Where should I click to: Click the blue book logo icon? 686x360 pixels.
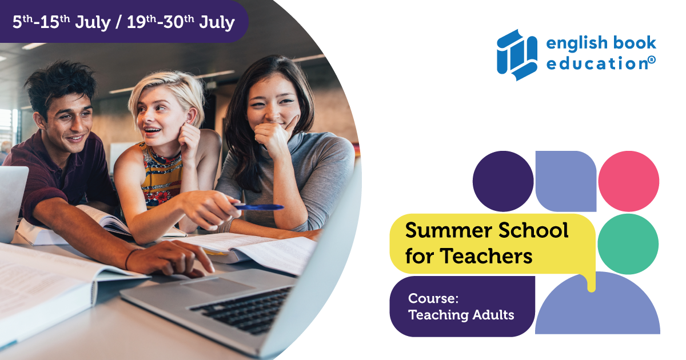tap(517, 55)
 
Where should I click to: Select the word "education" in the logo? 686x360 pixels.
tap(597, 63)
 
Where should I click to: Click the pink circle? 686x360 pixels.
tap(628, 181)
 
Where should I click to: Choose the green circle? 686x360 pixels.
tap(628, 244)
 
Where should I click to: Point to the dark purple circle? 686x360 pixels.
tap(503, 181)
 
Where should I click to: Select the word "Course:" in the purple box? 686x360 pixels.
tap(433, 298)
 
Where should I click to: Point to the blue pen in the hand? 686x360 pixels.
tap(258, 207)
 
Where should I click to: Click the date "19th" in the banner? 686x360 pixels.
tap(142, 22)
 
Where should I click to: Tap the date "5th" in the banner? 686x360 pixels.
tap(22, 22)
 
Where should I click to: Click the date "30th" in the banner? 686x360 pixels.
tap(178, 22)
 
